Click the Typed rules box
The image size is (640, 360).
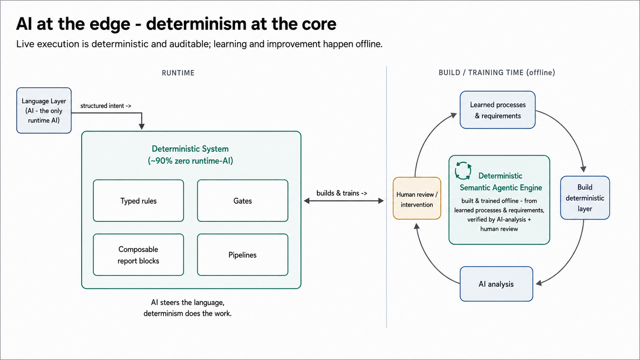click(138, 201)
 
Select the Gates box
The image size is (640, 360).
click(243, 201)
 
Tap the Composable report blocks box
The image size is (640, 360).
click(138, 255)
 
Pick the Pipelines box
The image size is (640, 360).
click(243, 255)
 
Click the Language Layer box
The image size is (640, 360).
click(44, 111)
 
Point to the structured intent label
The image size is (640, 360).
click(106, 106)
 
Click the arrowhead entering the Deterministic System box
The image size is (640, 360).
click(142, 127)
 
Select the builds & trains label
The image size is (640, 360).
click(342, 193)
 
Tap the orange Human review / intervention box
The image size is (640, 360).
click(417, 199)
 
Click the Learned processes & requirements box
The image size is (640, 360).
click(498, 110)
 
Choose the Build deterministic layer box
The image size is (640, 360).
click(585, 198)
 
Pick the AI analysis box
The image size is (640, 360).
click(496, 284)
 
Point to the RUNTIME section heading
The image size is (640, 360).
click(178, 73)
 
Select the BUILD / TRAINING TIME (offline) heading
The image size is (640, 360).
click(497, 73)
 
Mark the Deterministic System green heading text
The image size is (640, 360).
click(190, 155)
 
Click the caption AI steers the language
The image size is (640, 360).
click(188, 303)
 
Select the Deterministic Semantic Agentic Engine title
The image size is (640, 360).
click(501, 182)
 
